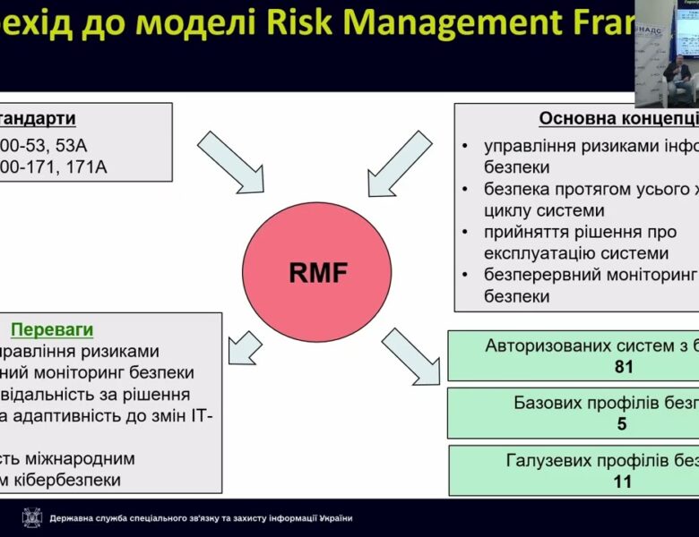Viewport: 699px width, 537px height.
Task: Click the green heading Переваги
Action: pos(52,330)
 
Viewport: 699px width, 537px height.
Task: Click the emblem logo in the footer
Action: pos(30,517)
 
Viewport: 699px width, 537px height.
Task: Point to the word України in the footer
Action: pos(332,518)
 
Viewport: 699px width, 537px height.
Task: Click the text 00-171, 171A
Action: pos(54,166)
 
